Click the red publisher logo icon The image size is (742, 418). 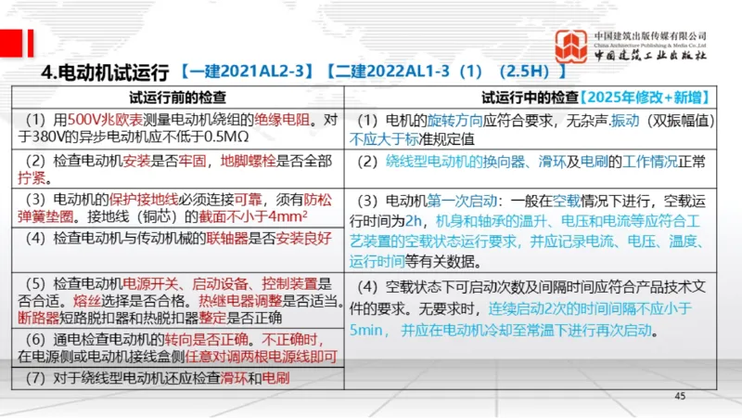[570, 46]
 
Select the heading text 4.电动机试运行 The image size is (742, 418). [105, 72]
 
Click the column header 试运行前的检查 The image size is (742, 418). [176, 96]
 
